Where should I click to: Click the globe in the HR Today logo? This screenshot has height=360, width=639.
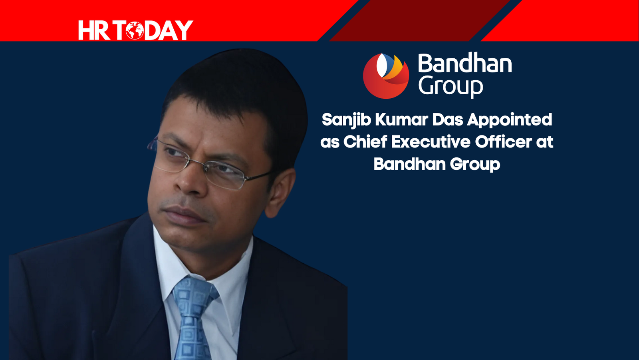[135, 30]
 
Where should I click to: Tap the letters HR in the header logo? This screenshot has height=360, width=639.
[94, 30]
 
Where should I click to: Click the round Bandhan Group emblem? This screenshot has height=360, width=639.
[386, 76]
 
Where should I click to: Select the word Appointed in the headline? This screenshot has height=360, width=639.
[509, 120]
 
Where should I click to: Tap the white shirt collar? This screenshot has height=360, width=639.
[202, 259]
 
